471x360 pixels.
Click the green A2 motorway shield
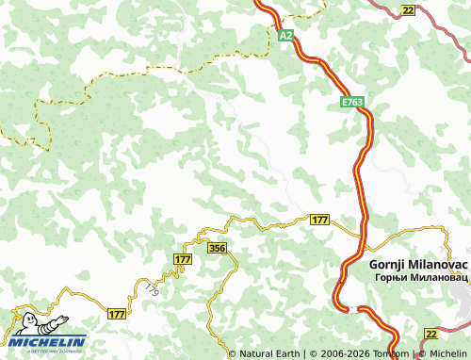click(286, 35)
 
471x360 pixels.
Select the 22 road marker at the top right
click(407, 9)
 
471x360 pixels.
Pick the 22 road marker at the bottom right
click(430, 335)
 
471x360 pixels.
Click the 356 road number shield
click(218, 248)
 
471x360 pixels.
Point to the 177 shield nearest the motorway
click(319, 220)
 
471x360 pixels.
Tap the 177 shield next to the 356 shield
click(183, 258)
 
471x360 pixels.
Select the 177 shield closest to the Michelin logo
click(117, 314)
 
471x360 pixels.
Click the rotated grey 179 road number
click(153, 289)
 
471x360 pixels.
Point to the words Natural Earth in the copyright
click(269, 354)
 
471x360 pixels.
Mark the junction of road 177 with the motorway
click(361, 233)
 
